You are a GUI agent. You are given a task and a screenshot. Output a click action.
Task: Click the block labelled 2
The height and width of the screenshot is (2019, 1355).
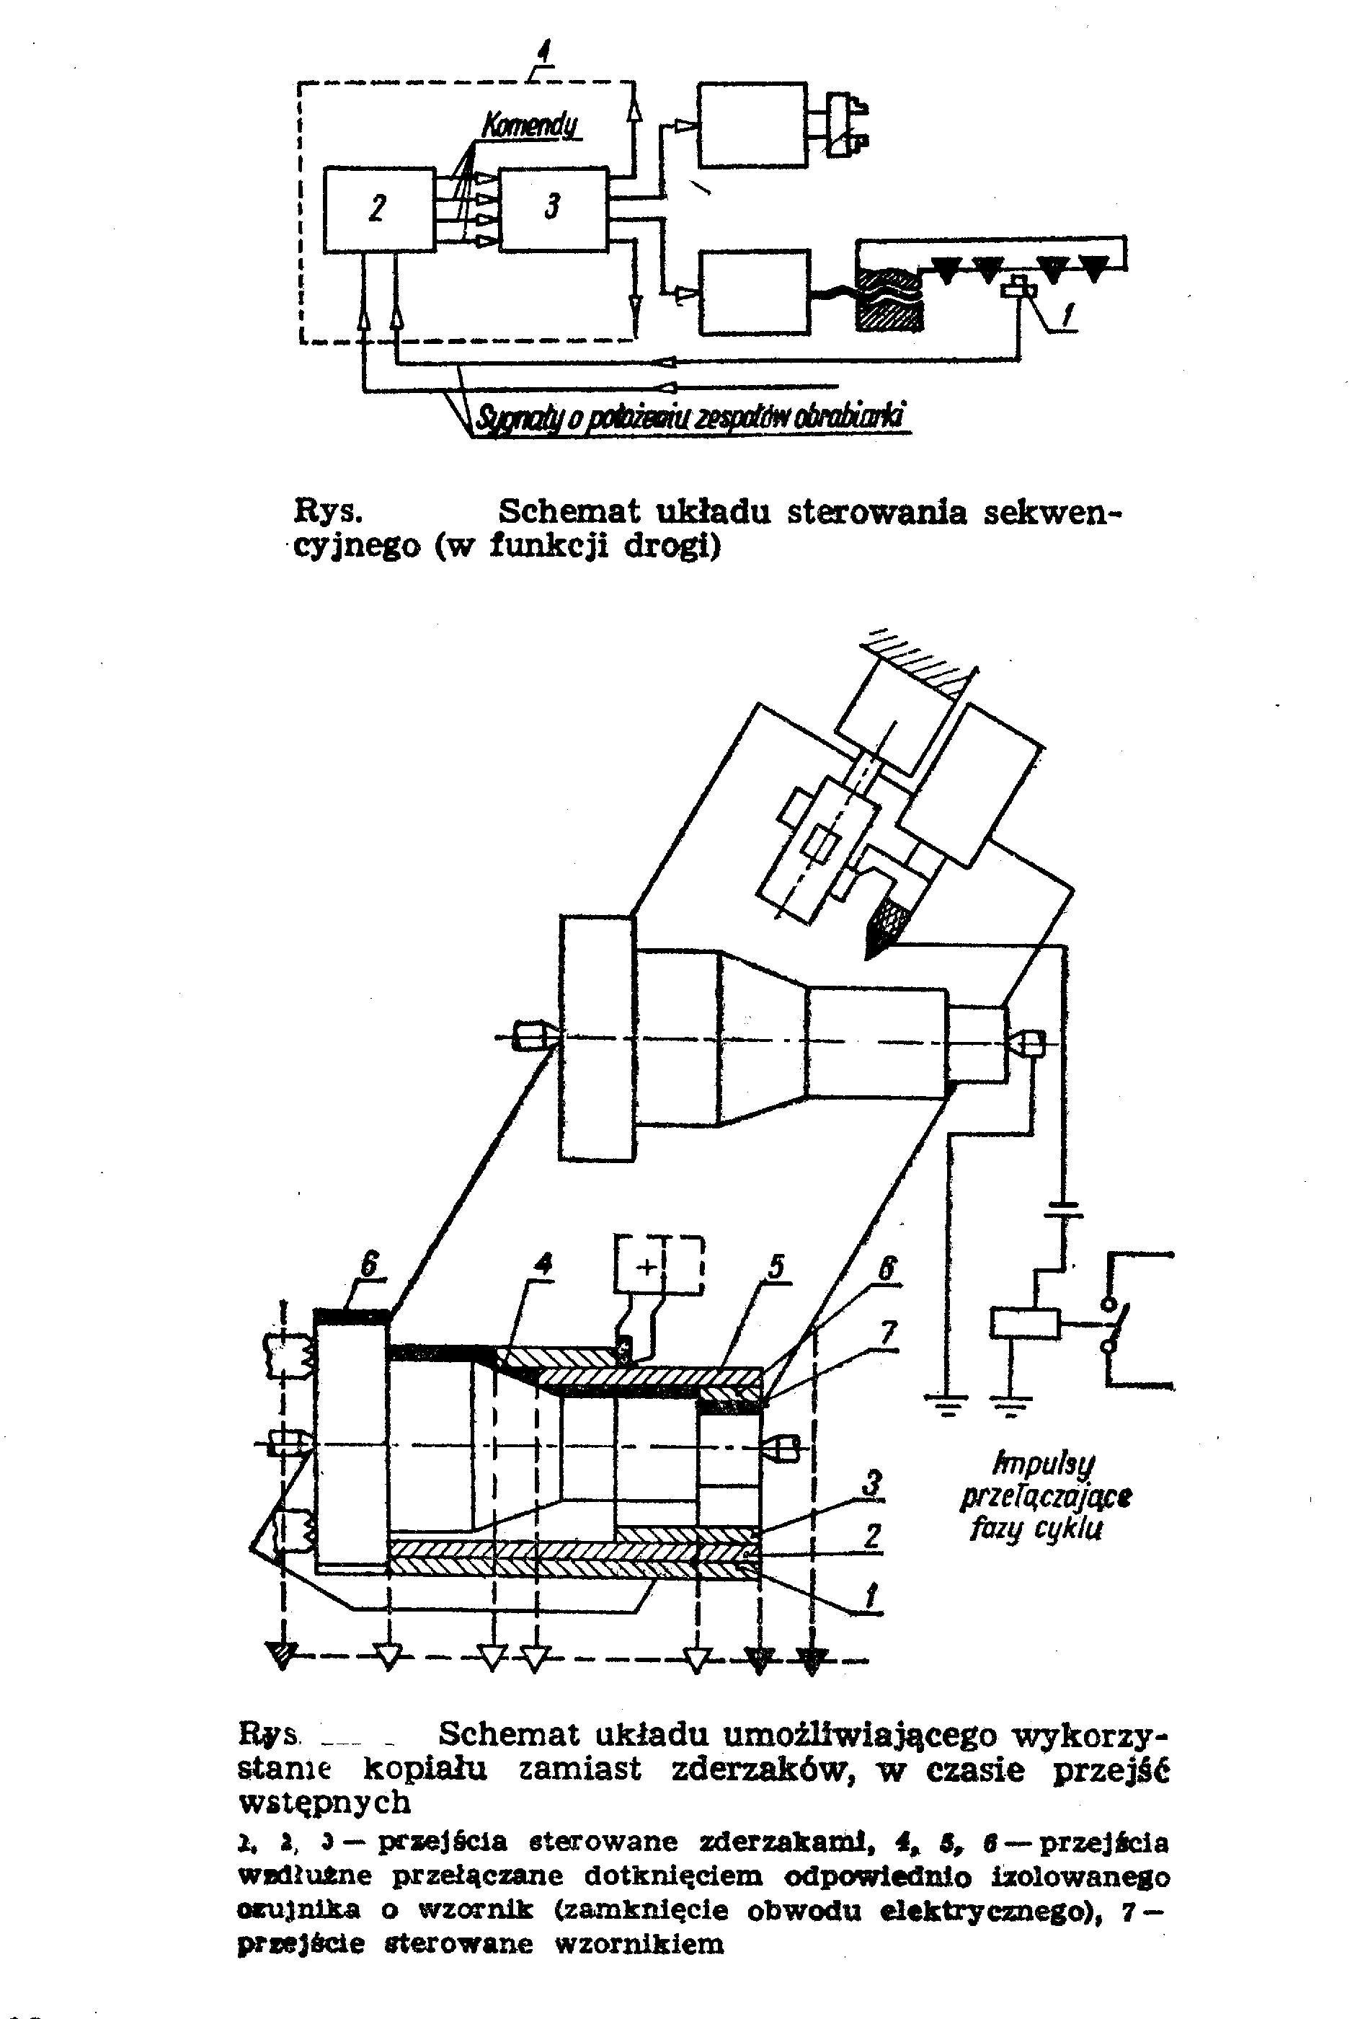378,209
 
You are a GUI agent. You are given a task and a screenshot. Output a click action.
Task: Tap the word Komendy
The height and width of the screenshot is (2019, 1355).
530,127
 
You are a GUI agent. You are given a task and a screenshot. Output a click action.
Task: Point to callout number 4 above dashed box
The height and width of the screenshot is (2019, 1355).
543,53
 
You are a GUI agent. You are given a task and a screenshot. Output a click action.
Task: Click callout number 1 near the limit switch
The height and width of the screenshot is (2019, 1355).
1069,317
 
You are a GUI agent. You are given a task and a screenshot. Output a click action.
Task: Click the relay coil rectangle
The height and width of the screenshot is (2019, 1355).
1024,1324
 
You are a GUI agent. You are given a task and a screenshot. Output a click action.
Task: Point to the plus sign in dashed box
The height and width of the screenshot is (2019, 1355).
647,1267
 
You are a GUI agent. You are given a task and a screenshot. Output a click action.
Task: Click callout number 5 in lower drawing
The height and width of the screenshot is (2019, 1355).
775,1267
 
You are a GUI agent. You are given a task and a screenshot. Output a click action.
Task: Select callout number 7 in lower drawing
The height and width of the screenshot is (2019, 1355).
889,1333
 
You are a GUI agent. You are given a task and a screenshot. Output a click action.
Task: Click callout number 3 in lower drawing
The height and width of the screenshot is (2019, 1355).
873,1483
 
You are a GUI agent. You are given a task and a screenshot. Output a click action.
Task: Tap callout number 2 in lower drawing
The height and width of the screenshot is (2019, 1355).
873,1535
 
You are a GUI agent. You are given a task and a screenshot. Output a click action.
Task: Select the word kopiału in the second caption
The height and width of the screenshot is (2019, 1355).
425,1770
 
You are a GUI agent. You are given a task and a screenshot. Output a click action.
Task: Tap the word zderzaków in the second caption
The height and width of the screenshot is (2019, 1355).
763,1770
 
